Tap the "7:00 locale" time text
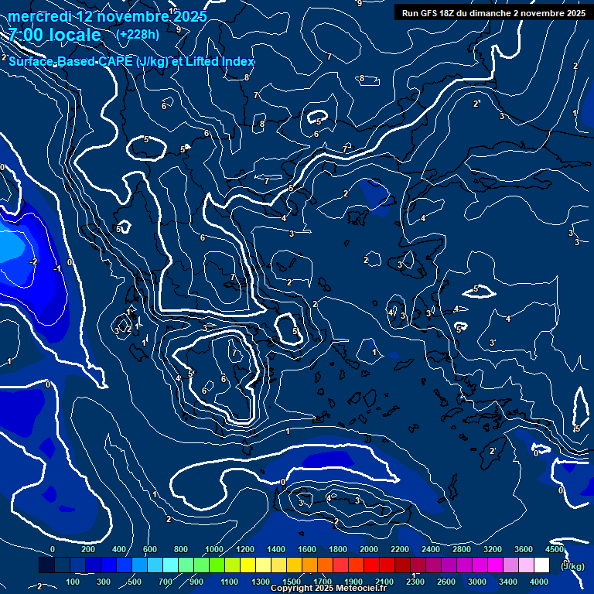[x=55, y=35]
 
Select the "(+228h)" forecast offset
[x=138, y=34]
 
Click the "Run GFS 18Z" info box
[x=493, y=13]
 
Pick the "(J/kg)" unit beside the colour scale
[x=572, y=566]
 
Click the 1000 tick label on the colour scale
[x=213, y=549]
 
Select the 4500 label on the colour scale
[x=555, y=549]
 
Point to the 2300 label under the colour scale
[x=415, y=582]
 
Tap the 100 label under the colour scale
[x=73, y=582]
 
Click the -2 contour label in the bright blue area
[x=33, y=263]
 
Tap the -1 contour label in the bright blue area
[x=56, y=268]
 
